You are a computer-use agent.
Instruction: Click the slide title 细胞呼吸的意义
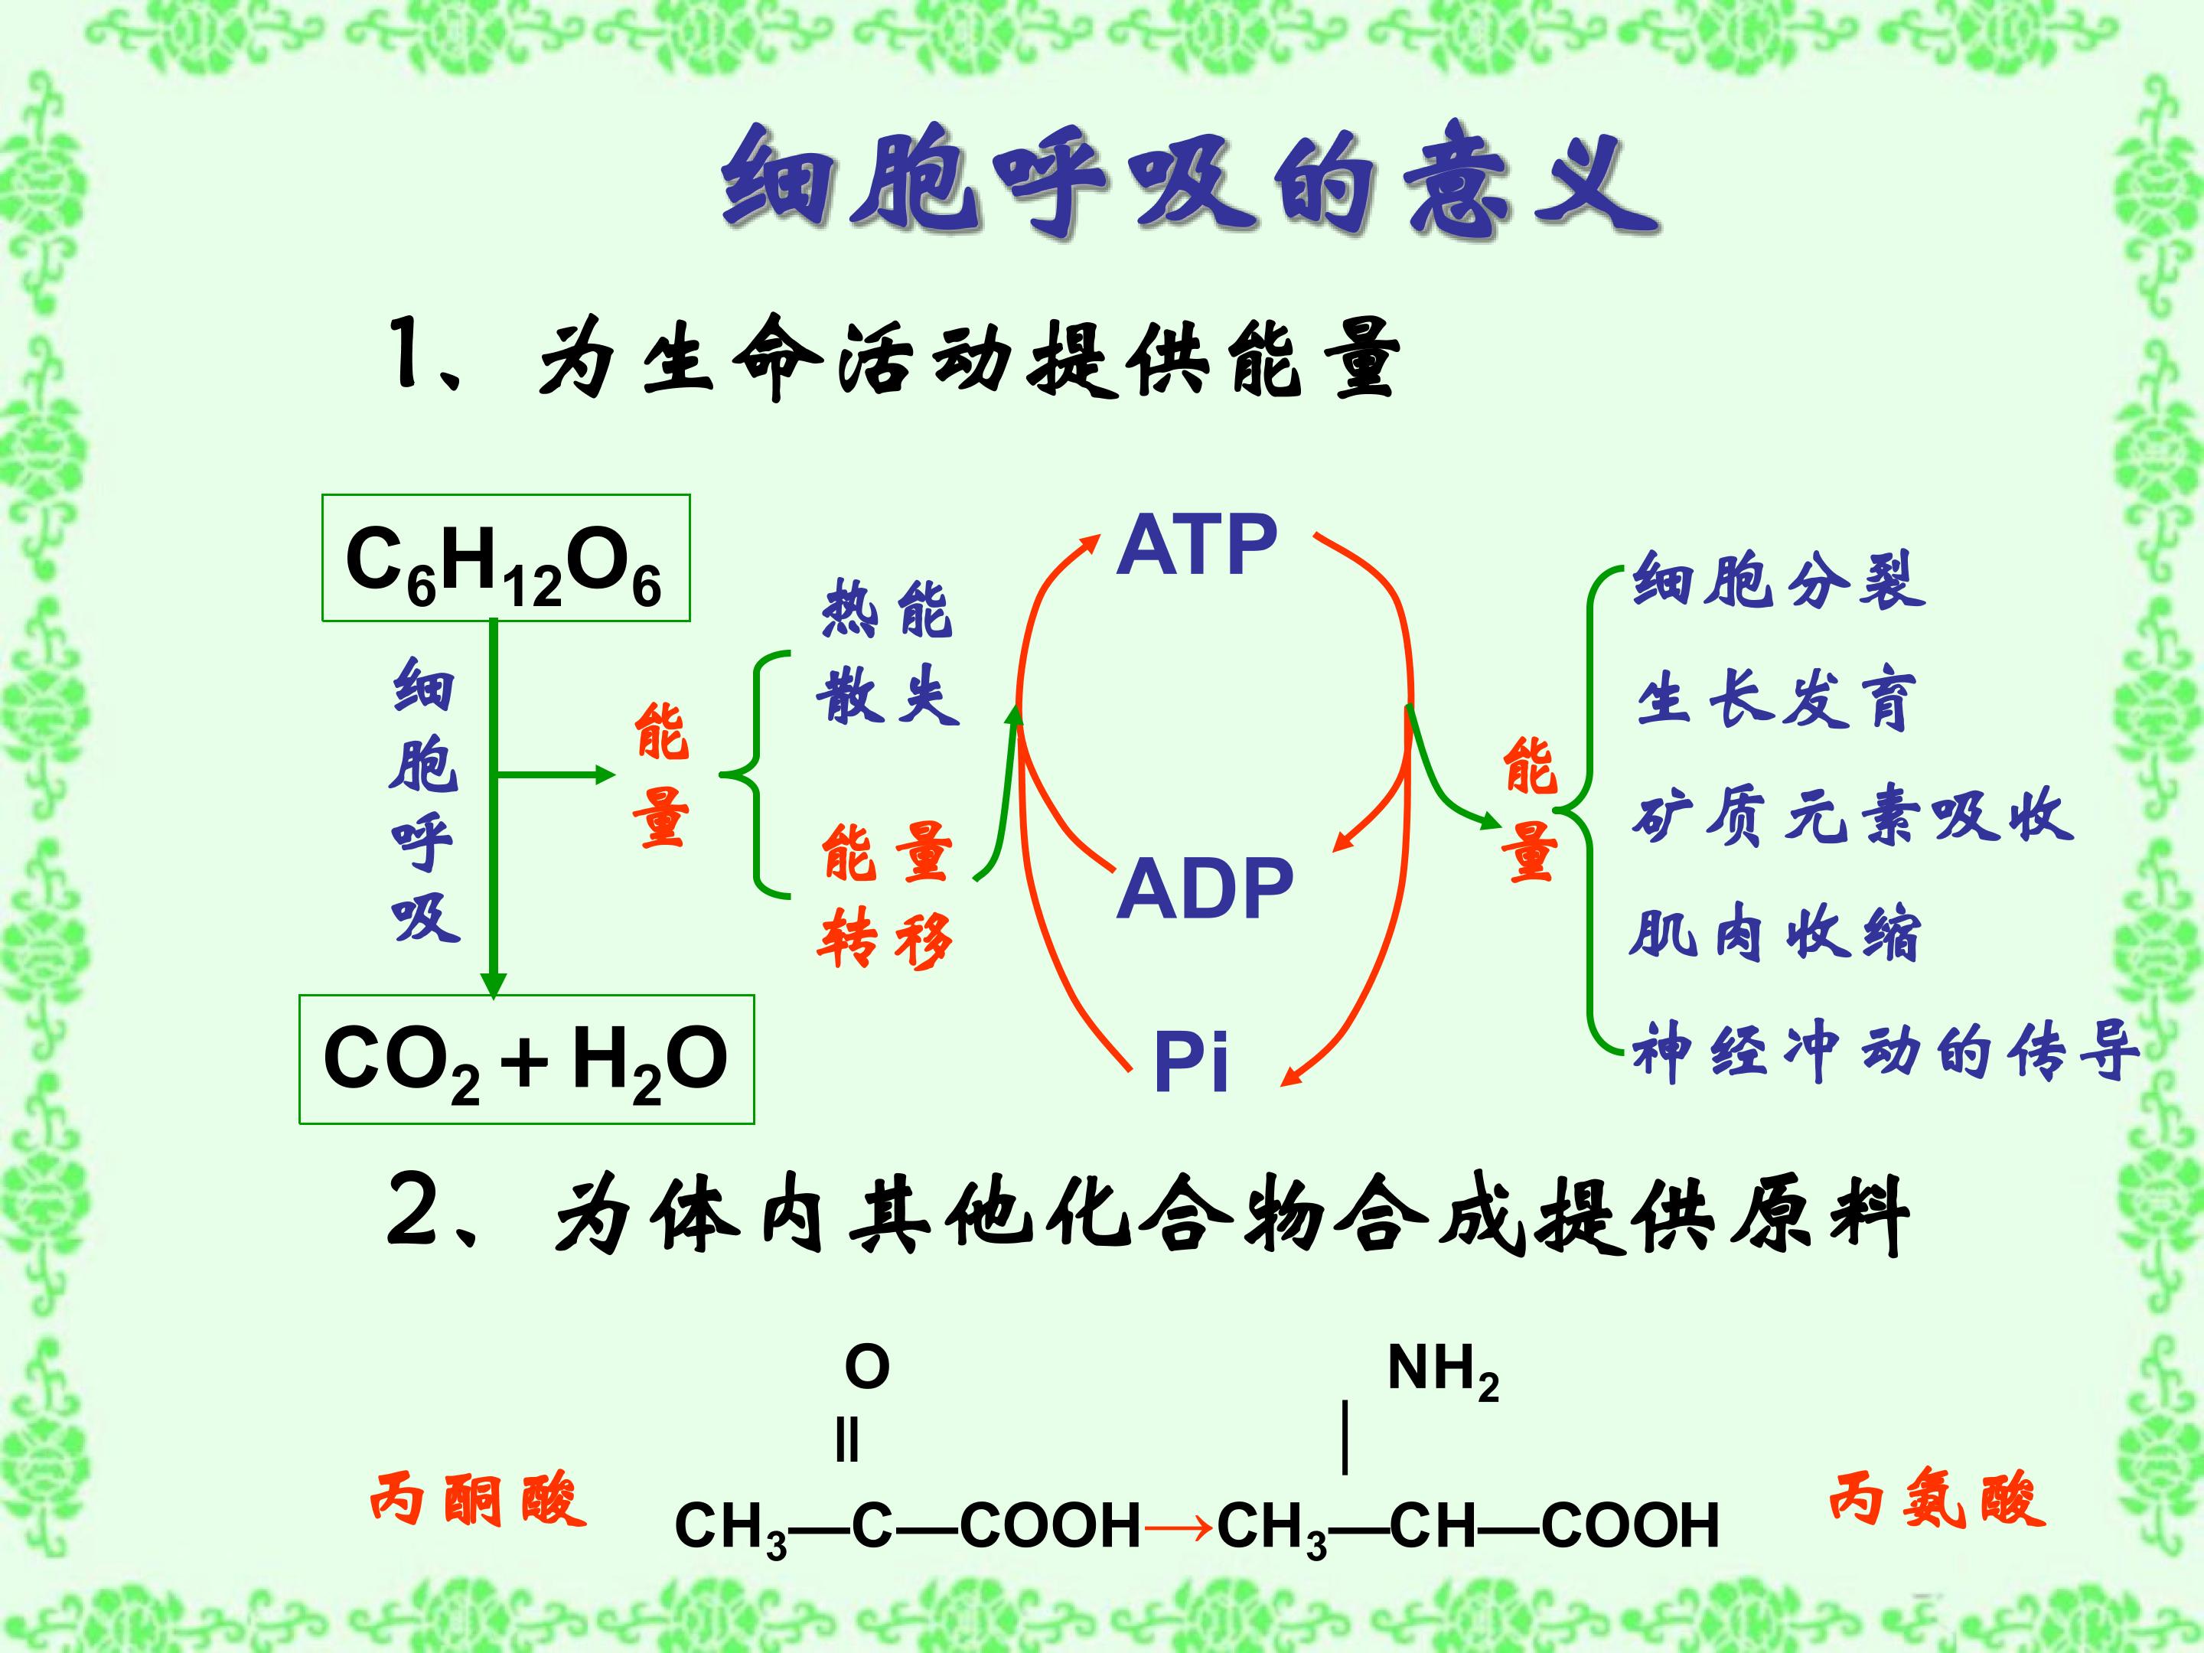pos(1190,184)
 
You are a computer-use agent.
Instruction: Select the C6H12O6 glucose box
pos(505,558)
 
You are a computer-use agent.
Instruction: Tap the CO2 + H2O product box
pos(526,1059)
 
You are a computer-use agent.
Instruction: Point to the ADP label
pos(1205,888)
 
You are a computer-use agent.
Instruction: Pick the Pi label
pos(1191,1062)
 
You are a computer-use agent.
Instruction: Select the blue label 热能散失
pos(888,652)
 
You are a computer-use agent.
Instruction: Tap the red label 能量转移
pos(885,895)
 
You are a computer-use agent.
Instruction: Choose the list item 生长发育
pos(1776,700)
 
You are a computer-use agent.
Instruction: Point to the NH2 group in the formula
pos(1443,1371)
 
